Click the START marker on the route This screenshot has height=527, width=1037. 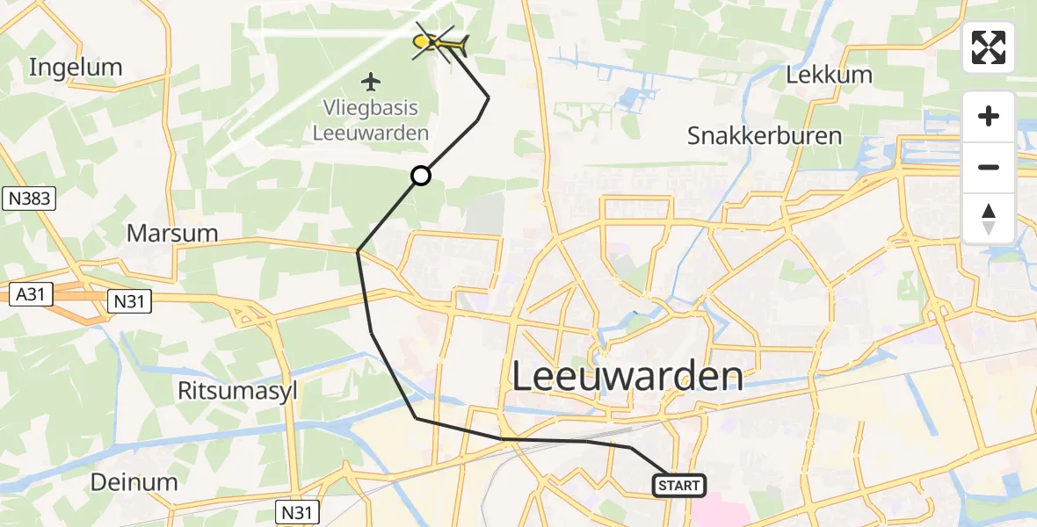coord(678,485)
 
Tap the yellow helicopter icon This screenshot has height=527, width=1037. coord(439,41)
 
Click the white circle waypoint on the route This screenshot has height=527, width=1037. coord(421,176)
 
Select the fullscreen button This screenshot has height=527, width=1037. coord(989,47)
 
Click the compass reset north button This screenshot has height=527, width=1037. coord(989,219)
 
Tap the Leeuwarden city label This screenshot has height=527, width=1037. coord(627,377)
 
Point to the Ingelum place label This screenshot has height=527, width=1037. coord(76,67)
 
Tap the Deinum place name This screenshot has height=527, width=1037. coord(134,481)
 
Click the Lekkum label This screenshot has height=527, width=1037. coord(829,75)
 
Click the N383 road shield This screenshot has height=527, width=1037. coord(29,199)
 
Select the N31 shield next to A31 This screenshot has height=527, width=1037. coord(130,302)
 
